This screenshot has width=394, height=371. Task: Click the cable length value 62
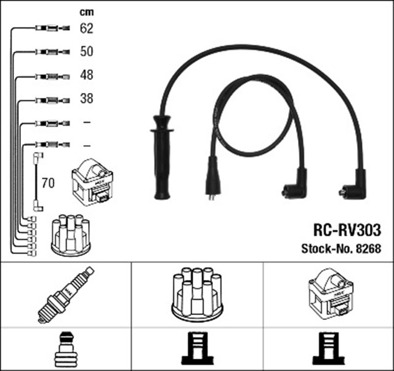click(x=86, y=28)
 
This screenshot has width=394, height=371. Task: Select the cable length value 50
click(x=86, y=52)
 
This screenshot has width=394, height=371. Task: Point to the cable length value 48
click(x=86, y=75)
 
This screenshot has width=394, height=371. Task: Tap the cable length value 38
click(x=86, y=98)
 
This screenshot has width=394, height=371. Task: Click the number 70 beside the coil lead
click(x=48, y=183)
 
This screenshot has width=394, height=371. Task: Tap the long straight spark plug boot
click(x=163, y=157)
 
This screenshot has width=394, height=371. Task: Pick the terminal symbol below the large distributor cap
click(x=197, y=350)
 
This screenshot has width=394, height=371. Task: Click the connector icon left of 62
click(x=47, y=28)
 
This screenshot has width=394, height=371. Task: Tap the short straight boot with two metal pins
click(x=212, y=178)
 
